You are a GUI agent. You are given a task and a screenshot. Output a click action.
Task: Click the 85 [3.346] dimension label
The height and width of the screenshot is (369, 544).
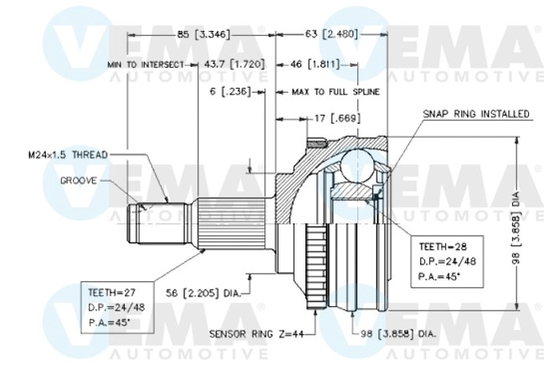click(x=203, y=34)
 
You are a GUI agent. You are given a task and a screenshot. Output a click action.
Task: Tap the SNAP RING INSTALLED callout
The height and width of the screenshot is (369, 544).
click(x=475, y=112)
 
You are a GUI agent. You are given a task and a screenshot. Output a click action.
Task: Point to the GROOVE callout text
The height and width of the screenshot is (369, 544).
click(x=80, y=180)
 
